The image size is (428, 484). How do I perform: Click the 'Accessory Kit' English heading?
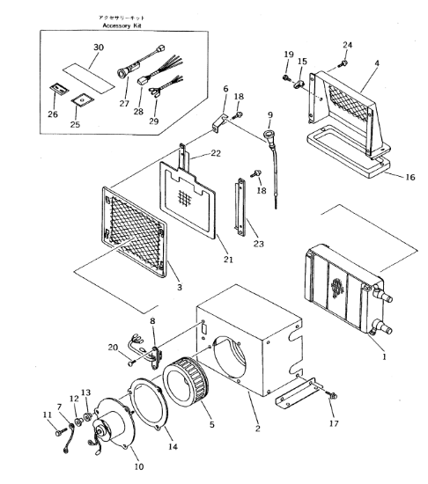[x=122, y=26]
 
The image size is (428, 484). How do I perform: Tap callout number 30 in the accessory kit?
[x=99, y=48]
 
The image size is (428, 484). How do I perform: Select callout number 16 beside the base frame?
[x=410, y=177]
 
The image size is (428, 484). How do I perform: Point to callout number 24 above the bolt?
[x=347, y=45]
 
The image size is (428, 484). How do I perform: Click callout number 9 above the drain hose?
[x=270, y=115]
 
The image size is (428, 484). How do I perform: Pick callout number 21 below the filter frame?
[x=228, y=260]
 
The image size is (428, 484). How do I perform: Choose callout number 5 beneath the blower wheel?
[x=212, y=424]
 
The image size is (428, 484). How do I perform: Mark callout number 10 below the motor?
[x=139, y=466]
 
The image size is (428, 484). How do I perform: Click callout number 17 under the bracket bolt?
[x=334, y=423]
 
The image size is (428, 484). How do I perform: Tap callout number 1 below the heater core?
[x=384, y=357]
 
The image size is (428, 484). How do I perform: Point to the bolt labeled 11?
[x=61, y=431]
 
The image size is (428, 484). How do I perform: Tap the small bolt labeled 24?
[x=343, y=63]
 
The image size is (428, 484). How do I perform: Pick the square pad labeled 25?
[x=82, y=100]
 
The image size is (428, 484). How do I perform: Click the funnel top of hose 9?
[x=267, y=136]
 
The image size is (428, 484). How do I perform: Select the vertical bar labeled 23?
[x=240, y=207]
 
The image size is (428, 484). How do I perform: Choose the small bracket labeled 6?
[x=219, y=123]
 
